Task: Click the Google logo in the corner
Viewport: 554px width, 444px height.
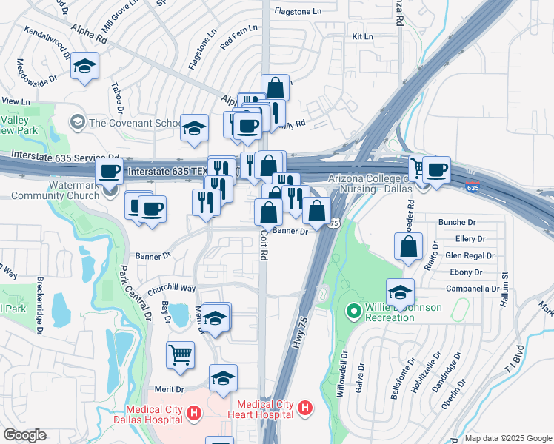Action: pyautogui.click(x=24, y=435)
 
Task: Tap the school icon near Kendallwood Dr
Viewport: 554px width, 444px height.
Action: pyautogui.click(x=85, y=67)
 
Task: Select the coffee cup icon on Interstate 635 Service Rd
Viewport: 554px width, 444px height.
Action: pyautogui.click(x=110, y=172)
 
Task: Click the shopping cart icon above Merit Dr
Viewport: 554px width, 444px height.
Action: pyautogui.click(x=180, y=355)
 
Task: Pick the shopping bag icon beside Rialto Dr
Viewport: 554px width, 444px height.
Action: pyautogui.click(x=409, y=247)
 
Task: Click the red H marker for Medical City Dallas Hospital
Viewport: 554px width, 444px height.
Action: pyautogui.click(x=193, y=413)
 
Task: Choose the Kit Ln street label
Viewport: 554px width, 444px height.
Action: pyautogui.click(x=362, y=36)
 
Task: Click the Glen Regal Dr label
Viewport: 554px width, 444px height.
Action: pyautogui.click(x=470, y=255)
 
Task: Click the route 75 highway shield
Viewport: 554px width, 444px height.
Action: pyautogui.click(x=334, y=223)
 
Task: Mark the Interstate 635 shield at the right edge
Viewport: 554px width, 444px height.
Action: pyautogui.click(x=473, y=188)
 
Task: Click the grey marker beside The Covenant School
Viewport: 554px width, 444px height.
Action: pyautogui.click(x=76, y=121)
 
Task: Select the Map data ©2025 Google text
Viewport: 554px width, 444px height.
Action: pyautogui.click(x=508, y=437)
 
